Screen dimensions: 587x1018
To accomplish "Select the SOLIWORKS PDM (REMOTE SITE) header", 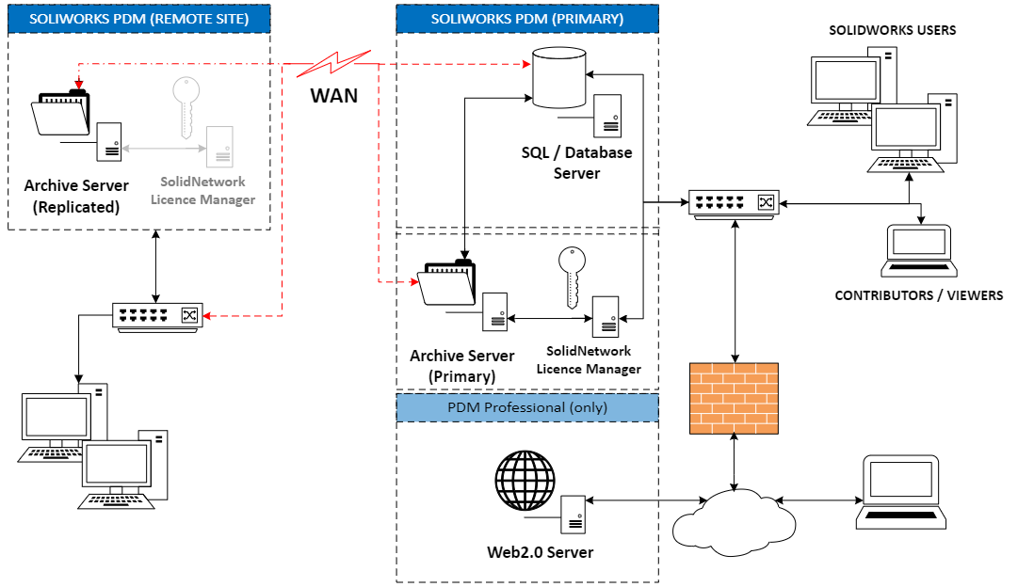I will [x=139, y=19].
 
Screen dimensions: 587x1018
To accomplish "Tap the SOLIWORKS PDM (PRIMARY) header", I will [x=526, y=19].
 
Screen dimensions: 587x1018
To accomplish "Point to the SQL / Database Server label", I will [x=576, y=162].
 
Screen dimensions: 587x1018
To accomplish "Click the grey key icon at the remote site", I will [x=186, y=106].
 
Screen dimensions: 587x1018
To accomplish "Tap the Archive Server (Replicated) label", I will [x=76, y=197].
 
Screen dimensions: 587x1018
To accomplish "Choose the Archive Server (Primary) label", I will [x=462, y=366].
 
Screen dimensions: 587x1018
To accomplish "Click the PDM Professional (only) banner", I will [x=526, y=407].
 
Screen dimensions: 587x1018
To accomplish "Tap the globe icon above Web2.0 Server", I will [x=525, y=479].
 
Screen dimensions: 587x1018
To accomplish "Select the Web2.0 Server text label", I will [x=540, y=551].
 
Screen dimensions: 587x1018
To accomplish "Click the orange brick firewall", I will [x=734, y=398].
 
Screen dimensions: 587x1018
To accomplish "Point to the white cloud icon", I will [x=734, y=521].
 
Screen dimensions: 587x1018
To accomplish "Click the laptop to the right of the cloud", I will [x=900, y=492].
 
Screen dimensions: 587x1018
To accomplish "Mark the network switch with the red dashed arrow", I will [x=157, y=315].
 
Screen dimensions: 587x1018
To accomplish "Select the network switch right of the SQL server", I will [x=734, y=202].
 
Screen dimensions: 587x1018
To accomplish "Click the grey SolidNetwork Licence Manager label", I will [x=202, y=190].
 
